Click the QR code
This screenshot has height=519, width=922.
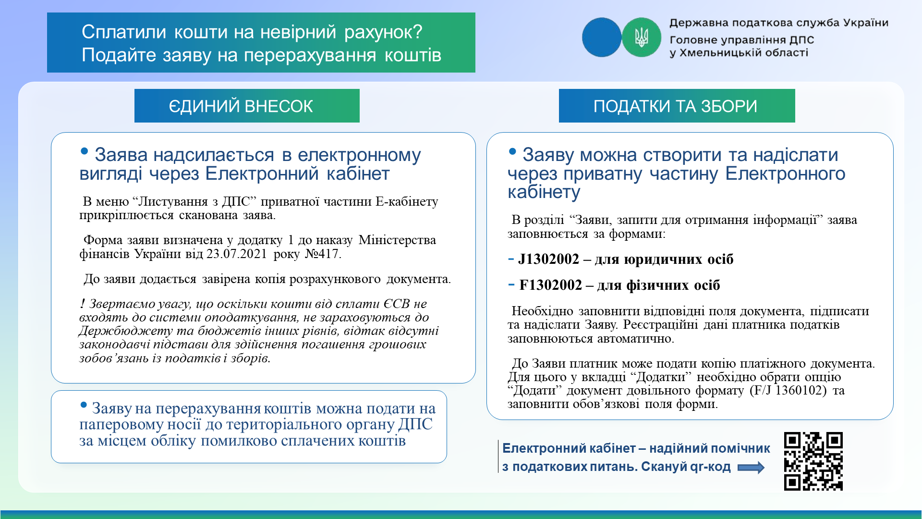point(813,461)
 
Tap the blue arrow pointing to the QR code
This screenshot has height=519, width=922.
point(751,468)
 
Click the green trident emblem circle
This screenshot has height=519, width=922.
point(642,37)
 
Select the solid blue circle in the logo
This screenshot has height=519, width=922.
point(602,37)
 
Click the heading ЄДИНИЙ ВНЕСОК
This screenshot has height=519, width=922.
point(241,106)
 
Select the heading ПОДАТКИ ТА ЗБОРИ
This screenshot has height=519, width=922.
point(675,106)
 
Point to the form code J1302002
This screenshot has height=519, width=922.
point(549,259)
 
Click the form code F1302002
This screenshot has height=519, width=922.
point(551,285)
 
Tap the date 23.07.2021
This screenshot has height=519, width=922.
point(237,254)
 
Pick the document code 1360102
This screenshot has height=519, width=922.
point(801,390)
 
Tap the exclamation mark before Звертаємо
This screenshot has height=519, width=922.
point(83,304)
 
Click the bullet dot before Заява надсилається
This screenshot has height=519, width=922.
point(85,151)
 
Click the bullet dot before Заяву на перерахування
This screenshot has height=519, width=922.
point(84,405)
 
